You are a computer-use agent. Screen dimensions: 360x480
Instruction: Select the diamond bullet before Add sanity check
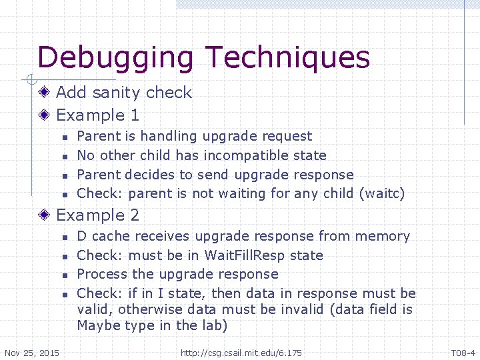click(45, 93)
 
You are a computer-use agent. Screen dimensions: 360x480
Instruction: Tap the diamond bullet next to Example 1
click(45, 115)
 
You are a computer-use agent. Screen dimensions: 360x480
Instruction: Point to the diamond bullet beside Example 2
click(45, 215)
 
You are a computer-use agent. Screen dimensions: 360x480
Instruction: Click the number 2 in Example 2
click(135, 215)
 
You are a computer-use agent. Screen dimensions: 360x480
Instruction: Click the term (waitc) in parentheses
click(381, 194)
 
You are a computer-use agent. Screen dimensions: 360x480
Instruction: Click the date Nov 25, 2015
click(31, 352)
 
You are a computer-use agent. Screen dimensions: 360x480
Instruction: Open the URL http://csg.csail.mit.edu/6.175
click(241, 352)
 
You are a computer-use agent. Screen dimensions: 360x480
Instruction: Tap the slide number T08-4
click(463, 352)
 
